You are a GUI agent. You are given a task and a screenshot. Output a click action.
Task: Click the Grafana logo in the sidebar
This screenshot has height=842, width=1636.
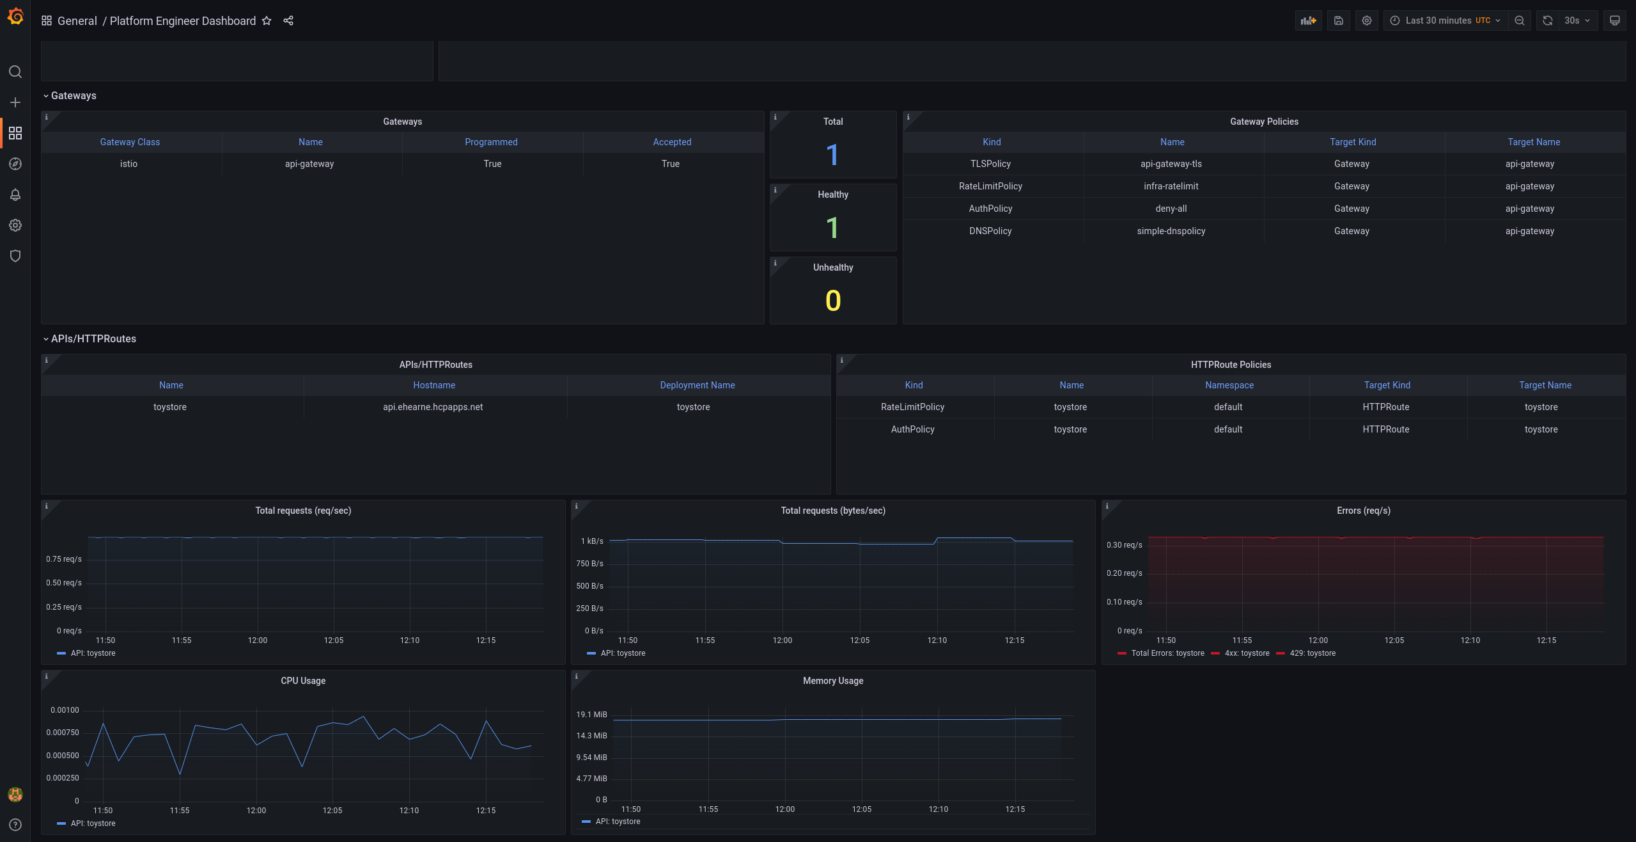click(15, 17)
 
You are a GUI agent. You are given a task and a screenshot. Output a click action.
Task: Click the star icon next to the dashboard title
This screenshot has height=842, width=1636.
click(267, 20)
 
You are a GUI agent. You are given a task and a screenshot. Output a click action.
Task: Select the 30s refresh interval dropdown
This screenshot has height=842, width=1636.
click(1577, 20)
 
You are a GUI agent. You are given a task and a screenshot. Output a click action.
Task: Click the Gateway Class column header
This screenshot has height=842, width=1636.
click(130, 142)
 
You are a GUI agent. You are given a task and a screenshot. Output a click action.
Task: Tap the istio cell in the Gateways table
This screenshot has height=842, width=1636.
click(129, 164)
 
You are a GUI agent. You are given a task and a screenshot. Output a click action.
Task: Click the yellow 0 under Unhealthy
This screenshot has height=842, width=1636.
click(832, 301)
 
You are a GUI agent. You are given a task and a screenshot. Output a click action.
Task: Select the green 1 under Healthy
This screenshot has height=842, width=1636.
click(832, 228)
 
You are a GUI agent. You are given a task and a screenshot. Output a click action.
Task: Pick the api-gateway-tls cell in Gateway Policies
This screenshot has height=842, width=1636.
click(1171, 164)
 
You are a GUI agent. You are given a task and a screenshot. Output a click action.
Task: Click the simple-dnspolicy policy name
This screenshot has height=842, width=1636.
click(1171, 231)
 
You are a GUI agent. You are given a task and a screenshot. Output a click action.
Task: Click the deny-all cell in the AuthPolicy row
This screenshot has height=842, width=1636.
click(1171, 209)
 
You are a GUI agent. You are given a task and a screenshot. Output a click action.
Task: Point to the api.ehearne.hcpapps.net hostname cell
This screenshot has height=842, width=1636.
click(433, 407)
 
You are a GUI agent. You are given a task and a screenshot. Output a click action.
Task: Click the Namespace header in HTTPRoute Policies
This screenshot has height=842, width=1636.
click(1229, 385)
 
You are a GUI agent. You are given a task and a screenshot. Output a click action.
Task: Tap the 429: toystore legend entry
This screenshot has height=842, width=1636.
click(1312, 653)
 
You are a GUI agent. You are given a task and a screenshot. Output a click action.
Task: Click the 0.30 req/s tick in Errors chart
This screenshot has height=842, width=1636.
click(1124, 545)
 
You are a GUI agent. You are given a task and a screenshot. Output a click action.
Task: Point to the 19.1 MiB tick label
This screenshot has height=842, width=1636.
click(591, 715)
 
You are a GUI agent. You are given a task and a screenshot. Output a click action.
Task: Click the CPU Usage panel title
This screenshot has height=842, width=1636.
click(303, 681)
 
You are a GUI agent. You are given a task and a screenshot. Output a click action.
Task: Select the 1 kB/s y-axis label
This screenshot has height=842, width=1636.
click(591, 541)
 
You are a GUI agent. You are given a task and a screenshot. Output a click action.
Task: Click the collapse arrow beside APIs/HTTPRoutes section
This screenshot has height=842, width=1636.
click(46, 339)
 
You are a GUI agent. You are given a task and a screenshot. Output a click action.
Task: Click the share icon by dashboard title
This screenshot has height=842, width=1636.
click(288, 20)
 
